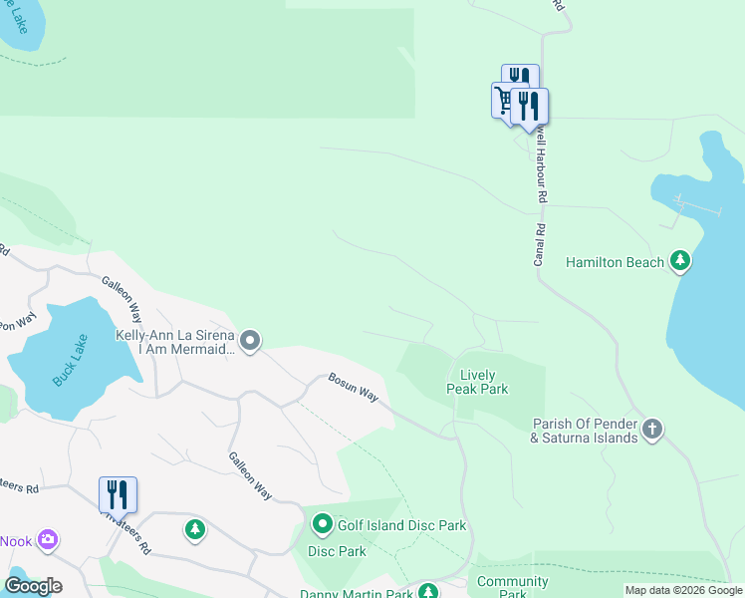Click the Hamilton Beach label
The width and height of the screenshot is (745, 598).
tap(615, 262)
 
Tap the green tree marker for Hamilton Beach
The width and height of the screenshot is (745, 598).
tap(680, 261)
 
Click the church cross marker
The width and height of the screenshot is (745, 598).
tap(652, 430)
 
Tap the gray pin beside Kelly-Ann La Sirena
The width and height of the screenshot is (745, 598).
tap(251, 342)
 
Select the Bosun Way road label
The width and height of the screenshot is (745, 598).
tap(355, 388)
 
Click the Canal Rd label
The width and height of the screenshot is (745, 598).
tap(539, 243)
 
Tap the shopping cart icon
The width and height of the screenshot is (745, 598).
tap(505, 100)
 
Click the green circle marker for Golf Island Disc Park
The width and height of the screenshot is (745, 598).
tap(323, 523)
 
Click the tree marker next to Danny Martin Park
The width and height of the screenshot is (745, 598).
tap(427, 592)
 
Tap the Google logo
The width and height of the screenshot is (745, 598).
tap(32, 586)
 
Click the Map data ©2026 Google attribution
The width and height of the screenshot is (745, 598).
tap(683, 590)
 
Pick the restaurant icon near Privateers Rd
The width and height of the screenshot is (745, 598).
tap(118, 493)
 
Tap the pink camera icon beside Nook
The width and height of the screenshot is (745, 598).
tap(47, 540)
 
